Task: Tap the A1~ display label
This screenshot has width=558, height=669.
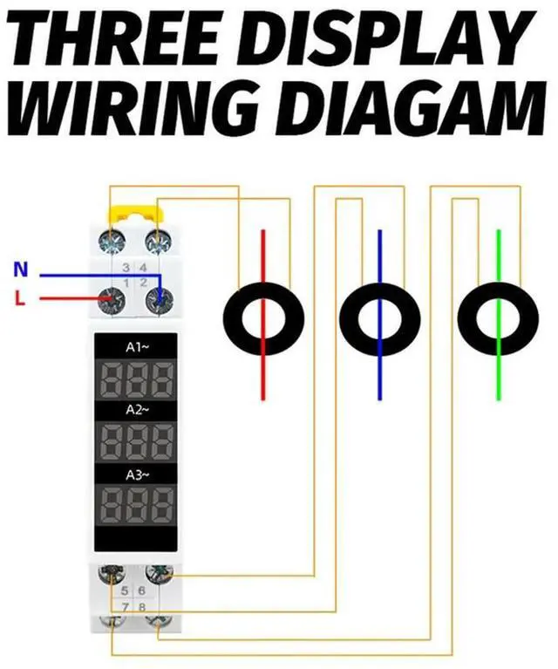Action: [x=137, y=347]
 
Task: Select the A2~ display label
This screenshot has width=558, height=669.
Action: [x=137, y=409]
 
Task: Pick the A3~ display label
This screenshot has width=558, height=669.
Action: [x=137, y=474]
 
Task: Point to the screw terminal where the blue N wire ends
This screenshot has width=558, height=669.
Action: [x=158, y=299]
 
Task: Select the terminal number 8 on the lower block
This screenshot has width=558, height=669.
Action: [x=142, y=605]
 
